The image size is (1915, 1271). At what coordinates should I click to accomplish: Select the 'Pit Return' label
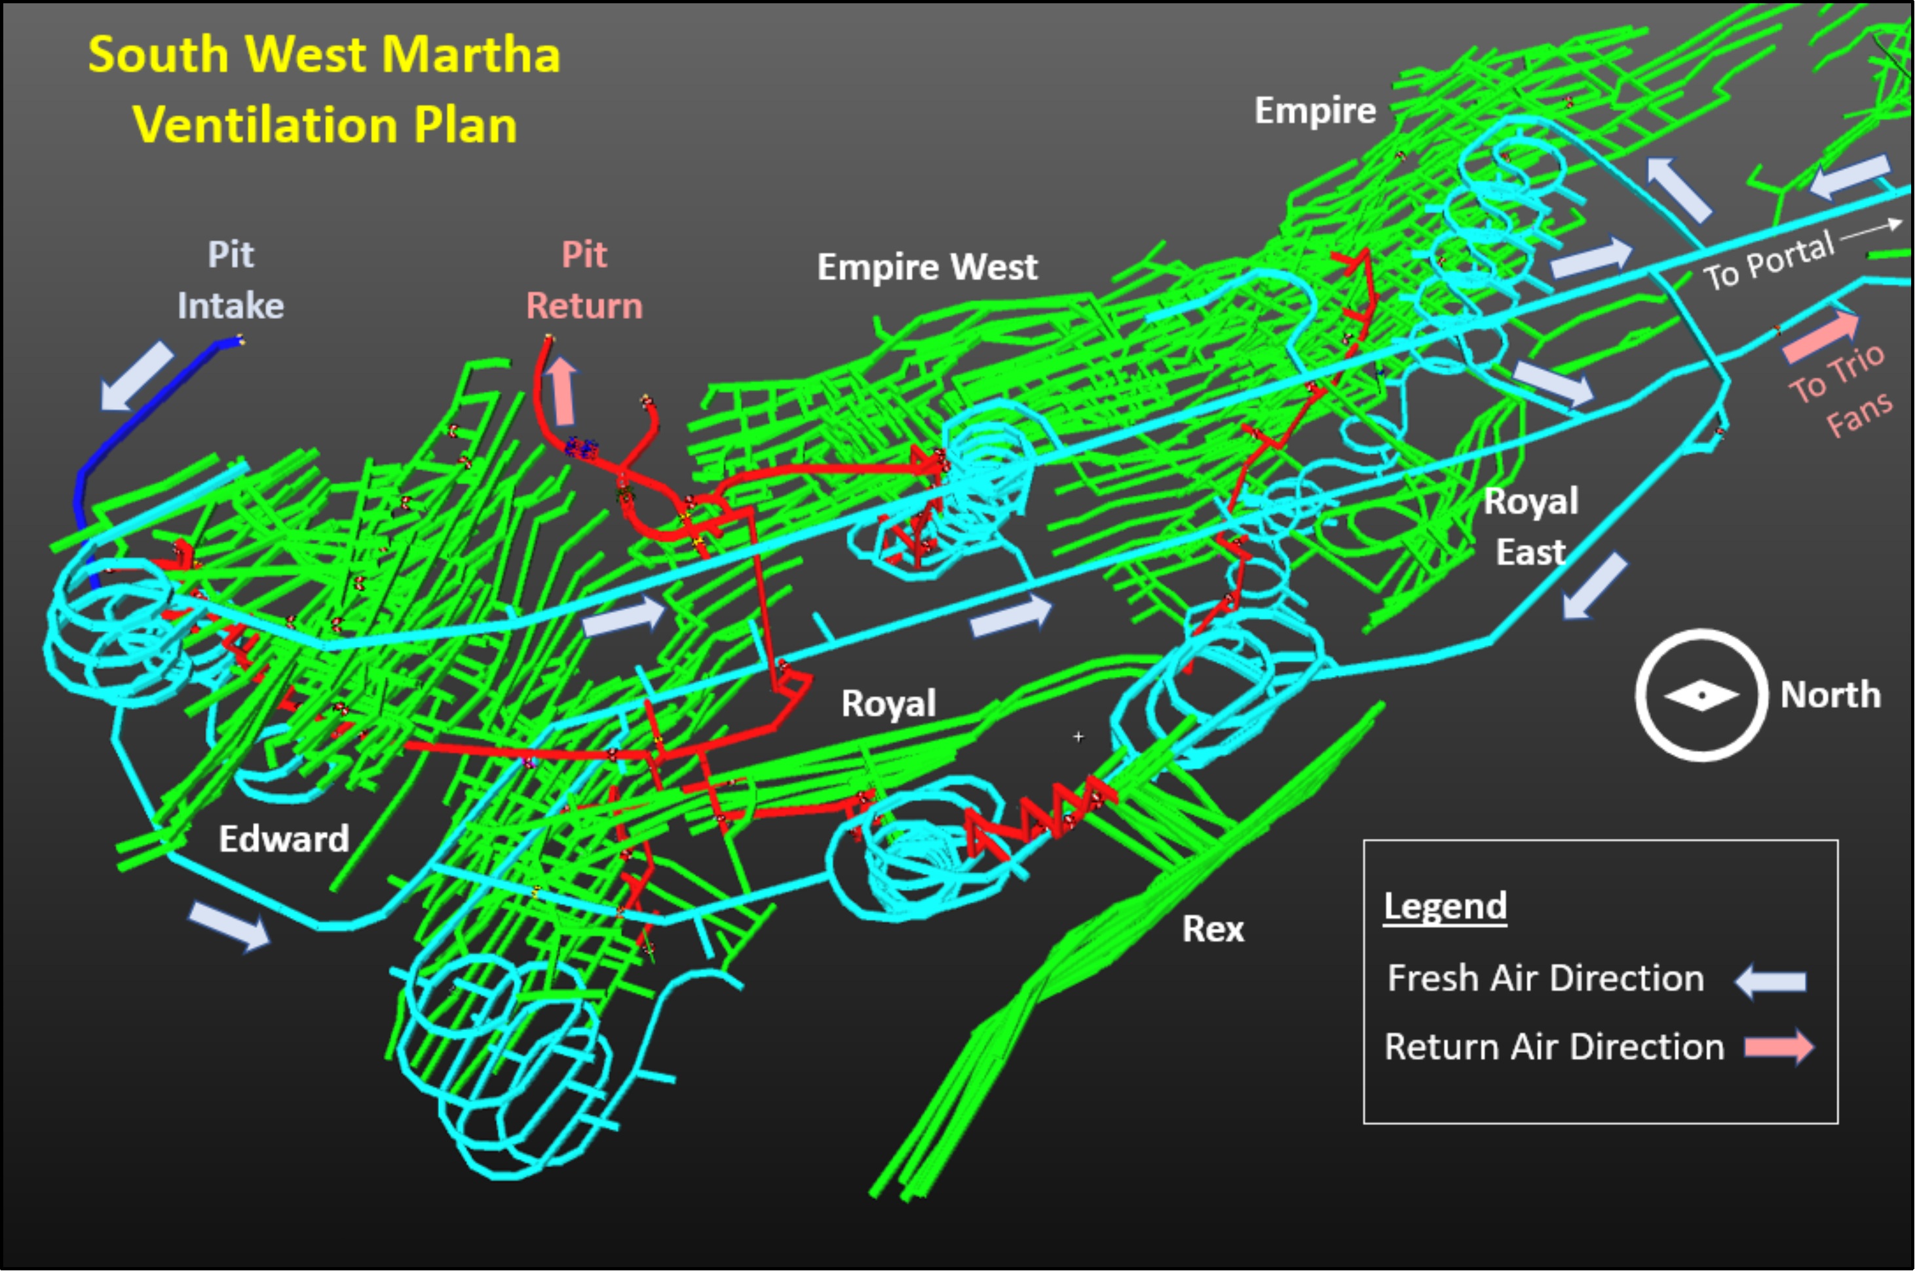(584, 280)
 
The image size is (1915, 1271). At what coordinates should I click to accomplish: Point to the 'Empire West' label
(926, 267)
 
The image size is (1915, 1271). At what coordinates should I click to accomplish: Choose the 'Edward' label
(284, 839)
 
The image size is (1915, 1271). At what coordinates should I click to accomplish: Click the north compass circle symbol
(1701, 695)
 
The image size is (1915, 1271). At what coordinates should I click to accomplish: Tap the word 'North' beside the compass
(1830, 695)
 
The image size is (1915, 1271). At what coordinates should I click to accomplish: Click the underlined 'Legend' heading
(1445, 906)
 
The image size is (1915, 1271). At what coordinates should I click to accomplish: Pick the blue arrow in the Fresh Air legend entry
(1771, 982)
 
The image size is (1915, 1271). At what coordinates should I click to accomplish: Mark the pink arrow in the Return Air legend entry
(1779, 1046)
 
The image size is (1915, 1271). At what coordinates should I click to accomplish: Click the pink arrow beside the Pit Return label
(562, 391)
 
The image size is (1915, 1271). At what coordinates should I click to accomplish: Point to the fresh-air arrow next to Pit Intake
(136, 375)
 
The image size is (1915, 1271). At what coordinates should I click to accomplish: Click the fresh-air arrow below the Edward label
(229, 925)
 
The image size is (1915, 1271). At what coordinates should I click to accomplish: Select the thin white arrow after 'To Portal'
(1870, 229)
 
